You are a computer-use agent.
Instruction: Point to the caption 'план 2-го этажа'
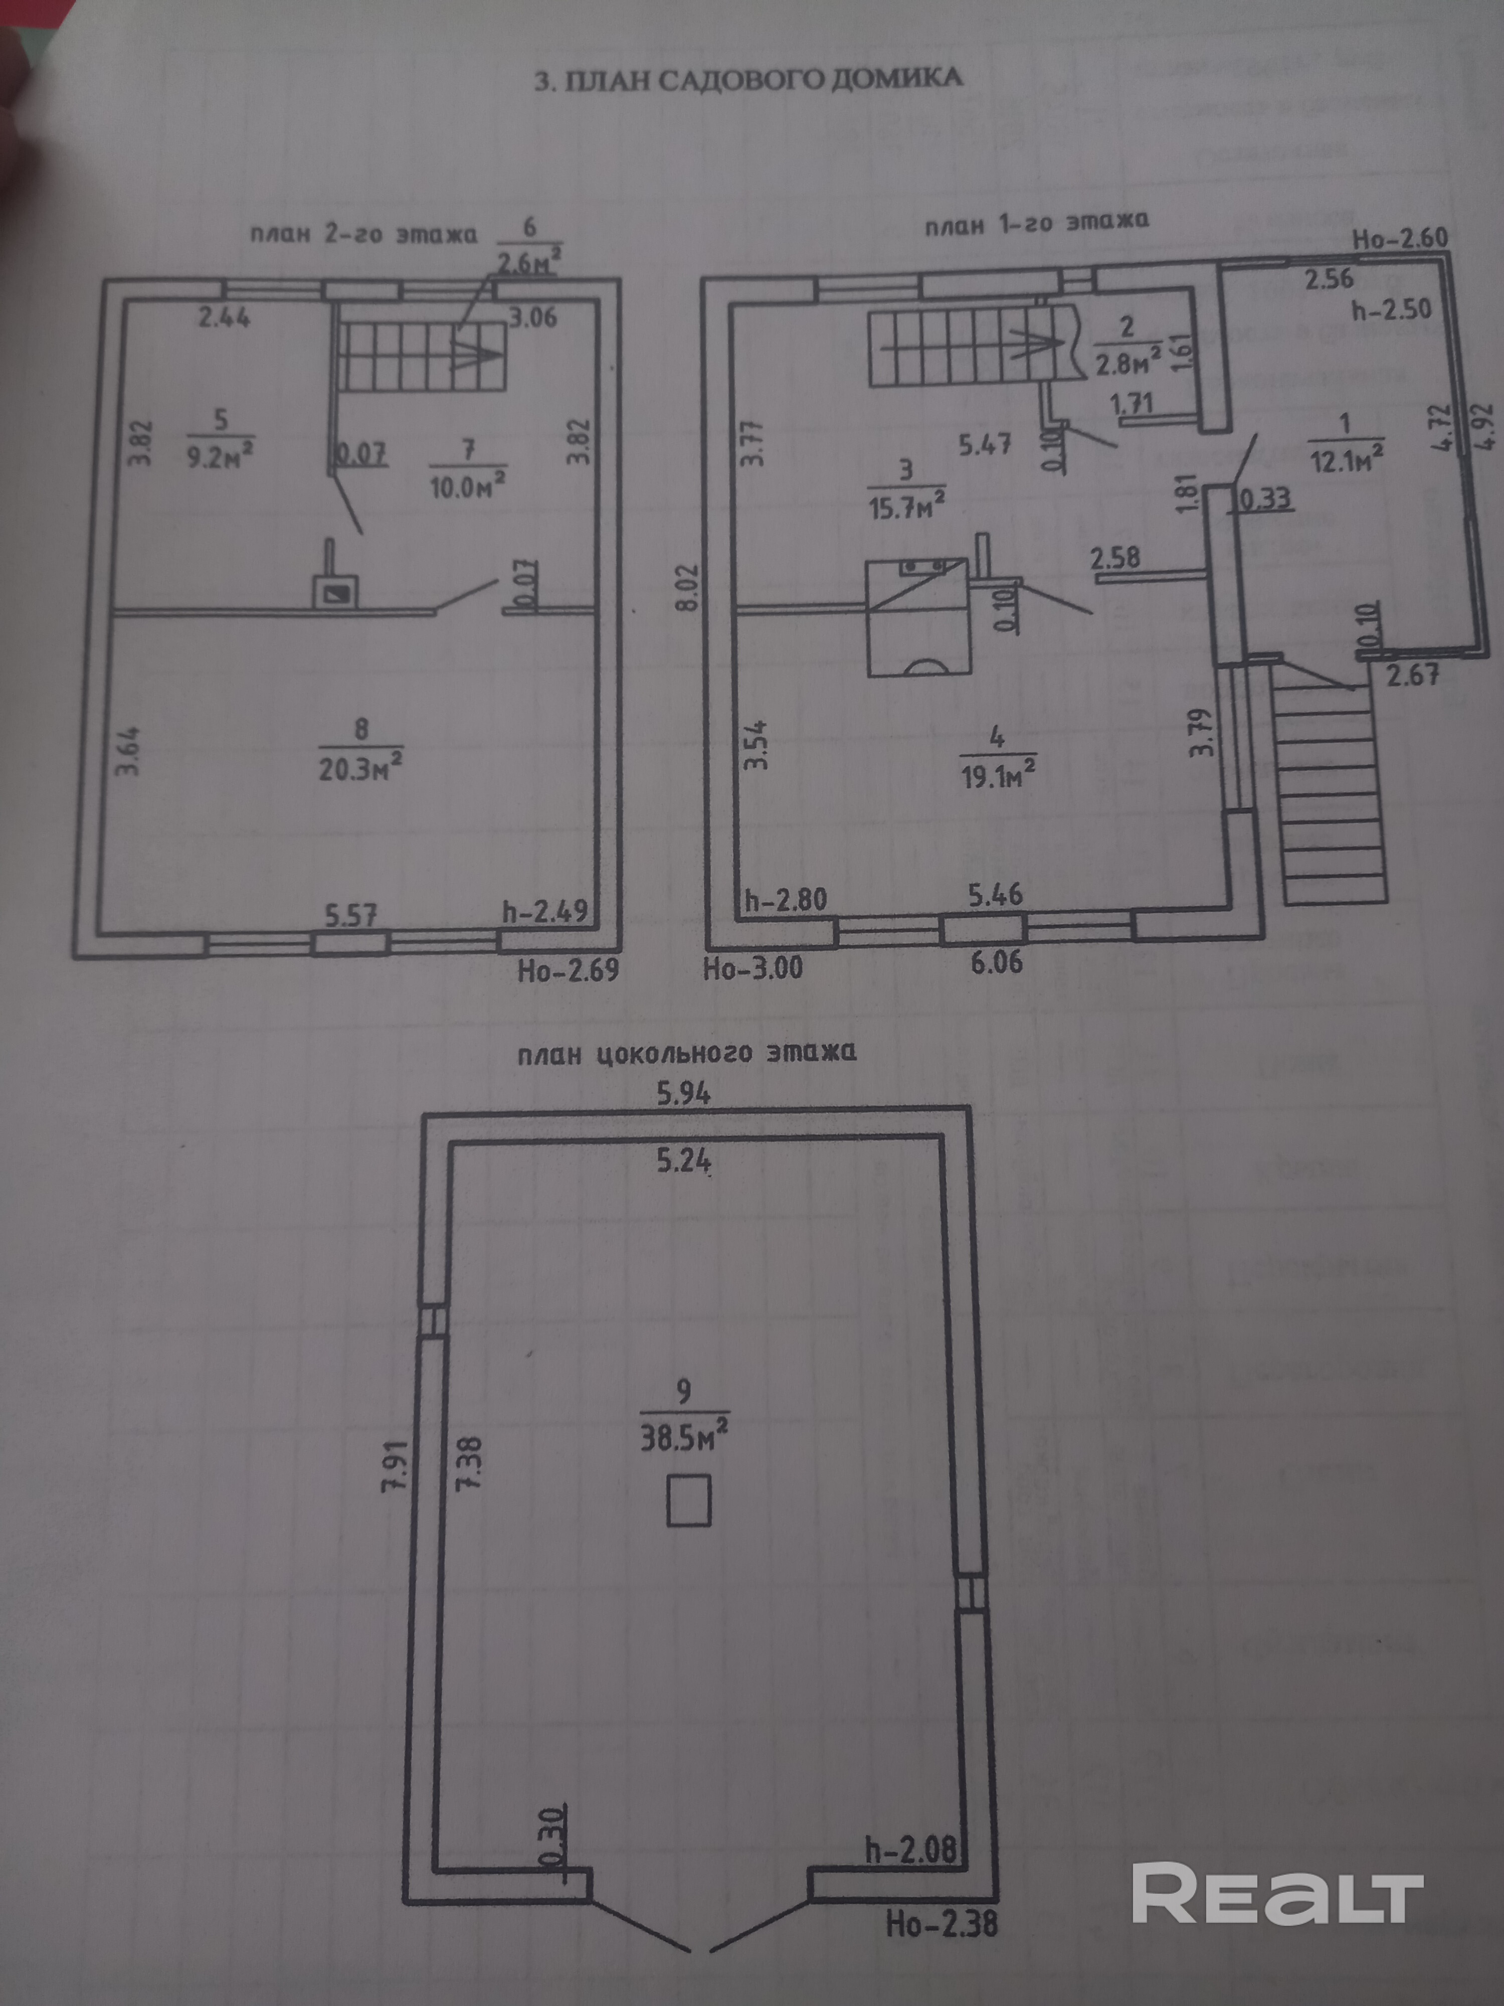point(363,235)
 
